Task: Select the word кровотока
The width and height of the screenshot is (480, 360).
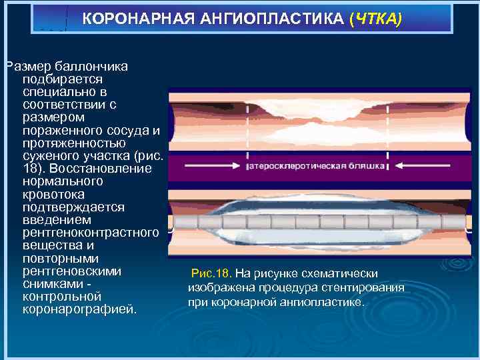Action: point(53,194)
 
